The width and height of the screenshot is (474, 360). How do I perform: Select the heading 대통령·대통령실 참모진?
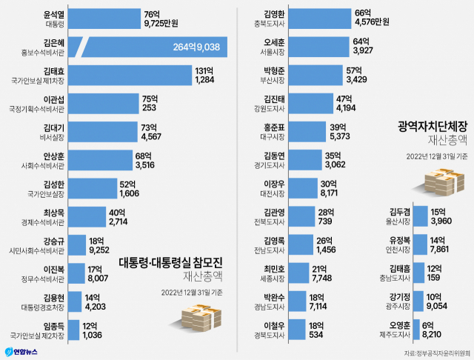pos(171,261)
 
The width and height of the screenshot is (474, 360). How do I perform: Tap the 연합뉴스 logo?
pos(21,350)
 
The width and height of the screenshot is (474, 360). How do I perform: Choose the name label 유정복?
pos(400,240)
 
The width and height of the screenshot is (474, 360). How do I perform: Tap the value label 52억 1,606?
pos(131,188)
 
